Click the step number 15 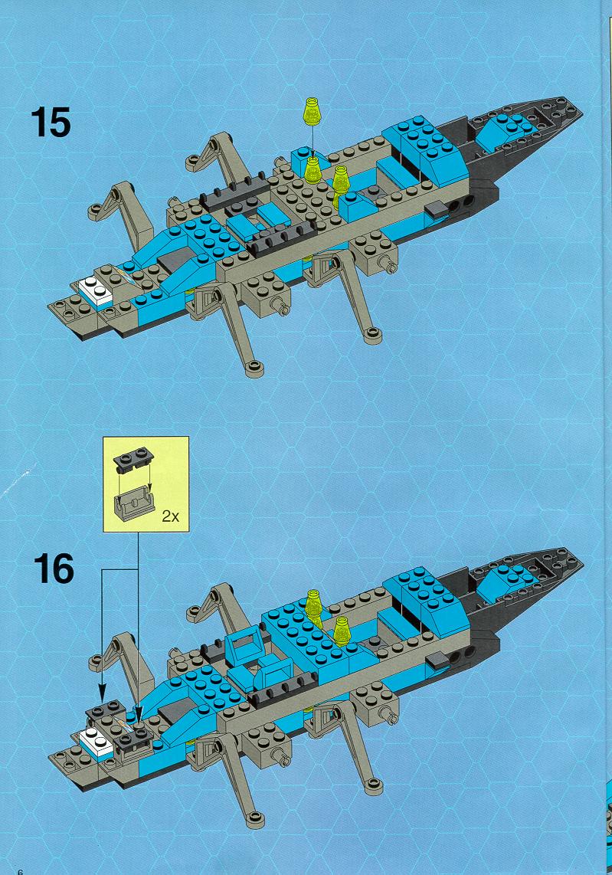tap(51, 123)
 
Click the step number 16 tap(54, 569)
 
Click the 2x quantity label tap(170, 516)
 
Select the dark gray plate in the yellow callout tap(134, 458)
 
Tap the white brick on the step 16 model tap(97, 742)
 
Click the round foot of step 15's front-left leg tap(254, 368)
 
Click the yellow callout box tap(146, 483)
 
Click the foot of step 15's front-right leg tap(373, 335)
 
